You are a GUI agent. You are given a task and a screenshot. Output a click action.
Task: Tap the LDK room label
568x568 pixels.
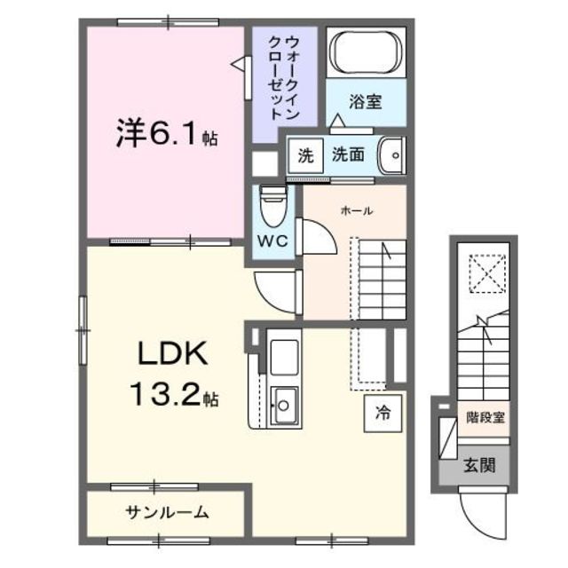point(172,355)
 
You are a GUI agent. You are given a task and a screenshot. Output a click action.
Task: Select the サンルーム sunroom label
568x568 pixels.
point(167,512)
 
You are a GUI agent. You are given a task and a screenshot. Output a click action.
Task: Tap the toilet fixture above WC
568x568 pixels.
point(271,207)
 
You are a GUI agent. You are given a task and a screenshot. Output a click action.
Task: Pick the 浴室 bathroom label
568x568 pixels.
point(365,102)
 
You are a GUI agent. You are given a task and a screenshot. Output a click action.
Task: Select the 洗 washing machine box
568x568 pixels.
point(305,156)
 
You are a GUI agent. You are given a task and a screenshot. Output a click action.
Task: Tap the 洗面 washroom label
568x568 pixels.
point(348,155)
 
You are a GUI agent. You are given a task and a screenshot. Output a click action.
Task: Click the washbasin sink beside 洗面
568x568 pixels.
point(390,157)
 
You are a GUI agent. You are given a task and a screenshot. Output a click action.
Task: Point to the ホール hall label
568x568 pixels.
point(357,211)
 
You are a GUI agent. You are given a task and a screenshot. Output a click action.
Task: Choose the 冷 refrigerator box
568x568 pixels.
point(383,412)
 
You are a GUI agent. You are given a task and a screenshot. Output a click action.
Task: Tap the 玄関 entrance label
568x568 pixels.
point(478,464)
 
